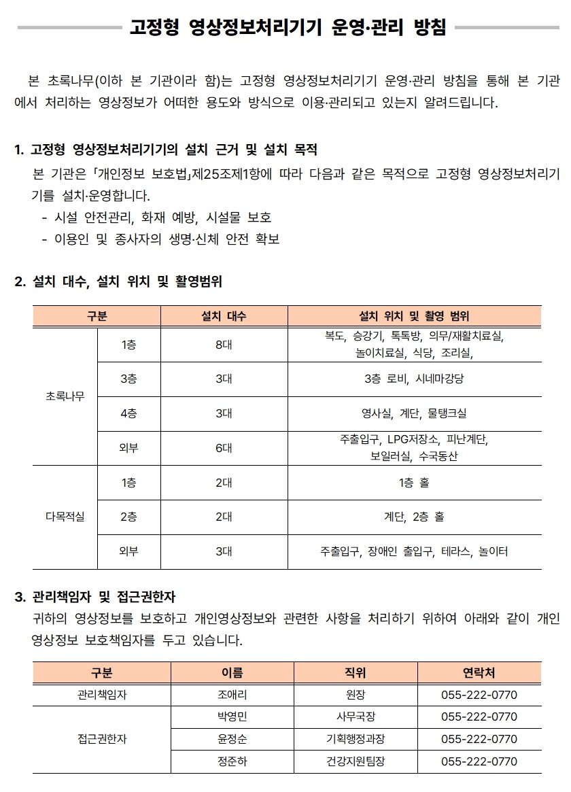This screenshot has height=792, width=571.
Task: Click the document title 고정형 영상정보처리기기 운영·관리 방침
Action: pos(288,29)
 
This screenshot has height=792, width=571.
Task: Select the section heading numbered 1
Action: pos(166,150)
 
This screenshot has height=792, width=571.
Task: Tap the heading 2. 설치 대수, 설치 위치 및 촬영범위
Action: pos(118,281)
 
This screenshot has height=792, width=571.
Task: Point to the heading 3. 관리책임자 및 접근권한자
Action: pos(95,598)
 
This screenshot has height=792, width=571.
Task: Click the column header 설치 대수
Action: pos(224,316)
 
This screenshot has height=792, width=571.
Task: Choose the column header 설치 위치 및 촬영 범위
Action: pos(414,316)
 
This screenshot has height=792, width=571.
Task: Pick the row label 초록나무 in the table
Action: pos(65,396)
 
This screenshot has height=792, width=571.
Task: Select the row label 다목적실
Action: pos(65,517)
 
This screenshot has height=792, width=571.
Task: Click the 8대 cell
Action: pos(224,345)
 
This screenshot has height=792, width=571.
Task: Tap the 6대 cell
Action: pos(224,448)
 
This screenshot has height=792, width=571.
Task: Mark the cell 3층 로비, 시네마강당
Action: pos(414,379)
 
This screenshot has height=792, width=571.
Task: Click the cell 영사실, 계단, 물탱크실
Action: pos(414,413)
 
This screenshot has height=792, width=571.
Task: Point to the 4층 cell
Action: pos(128,413)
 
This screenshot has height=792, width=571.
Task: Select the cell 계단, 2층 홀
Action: pos(414,517)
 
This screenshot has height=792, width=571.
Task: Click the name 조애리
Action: pos(232,695)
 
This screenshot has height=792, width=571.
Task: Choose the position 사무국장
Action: pos(356,717)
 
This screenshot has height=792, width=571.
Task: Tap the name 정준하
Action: pos(232,761)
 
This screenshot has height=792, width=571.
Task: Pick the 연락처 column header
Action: pos(479,673)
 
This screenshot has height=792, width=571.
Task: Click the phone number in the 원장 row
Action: pos(479,695)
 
